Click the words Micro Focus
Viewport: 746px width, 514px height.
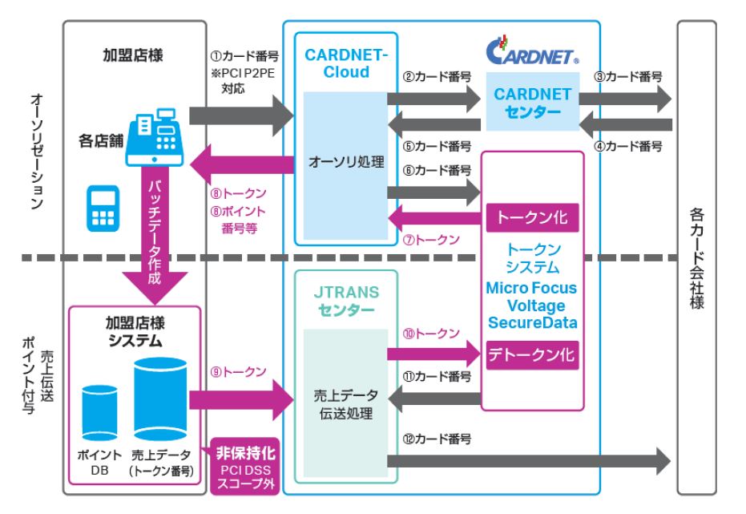point(533,286)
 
